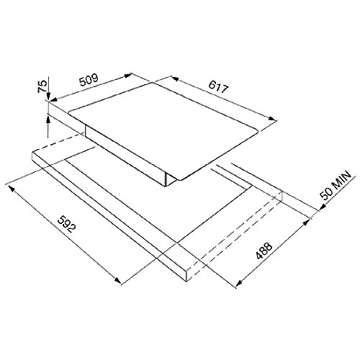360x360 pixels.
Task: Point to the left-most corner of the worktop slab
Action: click(x=32, y=153)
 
